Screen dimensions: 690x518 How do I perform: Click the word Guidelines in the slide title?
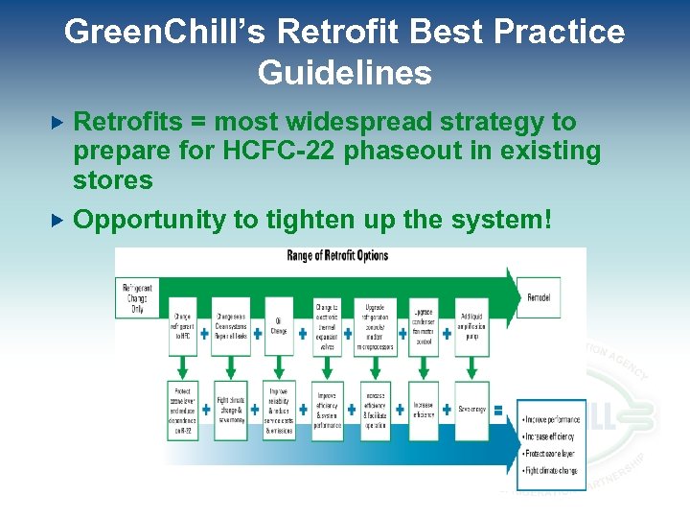click(x=344, y=73)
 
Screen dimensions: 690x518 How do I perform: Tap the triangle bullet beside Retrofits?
click(x=57, y=122)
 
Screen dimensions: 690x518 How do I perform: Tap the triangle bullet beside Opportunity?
click(x=57, y=220)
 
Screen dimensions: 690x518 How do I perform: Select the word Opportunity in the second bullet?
click(x=149, y=220)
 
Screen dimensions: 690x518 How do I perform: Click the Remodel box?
click(x=539, y=298)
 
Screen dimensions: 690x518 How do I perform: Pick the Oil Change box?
click(x=279, y=328)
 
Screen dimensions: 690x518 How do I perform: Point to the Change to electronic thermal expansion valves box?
click(x=327, y=326)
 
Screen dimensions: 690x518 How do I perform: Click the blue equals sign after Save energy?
click(x=498, y=410)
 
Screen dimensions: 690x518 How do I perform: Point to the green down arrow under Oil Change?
click(x=279, y=368)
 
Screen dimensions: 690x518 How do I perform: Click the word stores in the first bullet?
click(x=113, y=180)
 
